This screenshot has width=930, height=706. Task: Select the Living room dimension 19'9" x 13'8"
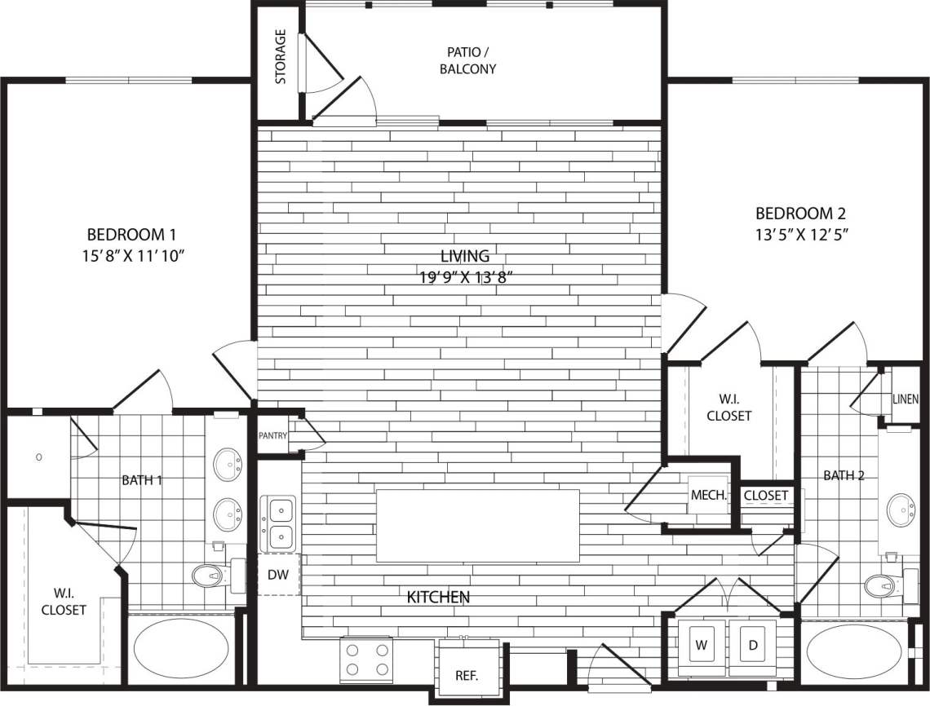(x=466, y=277)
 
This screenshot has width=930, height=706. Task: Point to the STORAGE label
(x=281, y=57)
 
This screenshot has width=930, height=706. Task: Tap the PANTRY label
(x=272, y=435)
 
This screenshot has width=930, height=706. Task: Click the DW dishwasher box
(x=278, y=574)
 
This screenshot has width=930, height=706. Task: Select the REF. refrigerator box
(x=466, y=675)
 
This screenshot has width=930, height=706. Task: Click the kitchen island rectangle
(x=477, y=525)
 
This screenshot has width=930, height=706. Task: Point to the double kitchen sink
(x=278, y=523)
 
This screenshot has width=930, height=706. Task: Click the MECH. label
(x=709, y=495)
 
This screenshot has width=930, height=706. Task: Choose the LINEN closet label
(x=906, y=399)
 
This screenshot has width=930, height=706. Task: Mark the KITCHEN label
(x=438, y=598)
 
